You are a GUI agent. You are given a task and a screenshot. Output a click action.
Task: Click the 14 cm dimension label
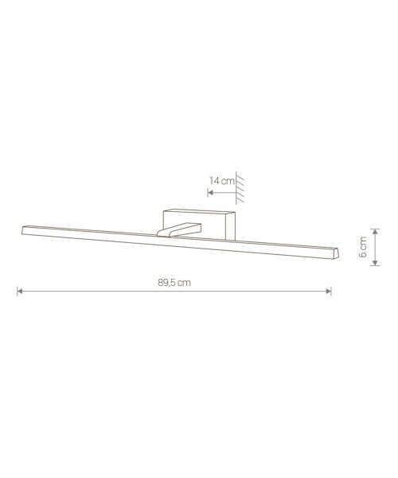pyautogui.click(x=222, y=181)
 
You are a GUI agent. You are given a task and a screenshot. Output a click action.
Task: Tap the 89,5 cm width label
pyautogui.click(x=174, y=283)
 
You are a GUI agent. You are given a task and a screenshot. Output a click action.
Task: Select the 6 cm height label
pyautogui.click(x=363, y=247)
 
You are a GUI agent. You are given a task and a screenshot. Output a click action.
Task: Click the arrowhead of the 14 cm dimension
pyautogui.click(x=210, y=192)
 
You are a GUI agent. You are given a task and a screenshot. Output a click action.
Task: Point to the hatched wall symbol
pyautogui.click(x=240, y=188)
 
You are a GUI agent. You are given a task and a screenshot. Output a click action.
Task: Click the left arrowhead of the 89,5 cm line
pyautogui.click(x=20, y=291)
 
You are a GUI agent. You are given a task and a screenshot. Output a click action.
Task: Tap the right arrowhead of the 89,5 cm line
pyautogui.click(x=329, y=291)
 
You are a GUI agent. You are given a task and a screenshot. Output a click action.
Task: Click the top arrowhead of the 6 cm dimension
pyautogui.click(x=375, y=231)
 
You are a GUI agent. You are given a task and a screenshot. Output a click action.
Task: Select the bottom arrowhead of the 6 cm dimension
pyautogui.click(x=375, y=263)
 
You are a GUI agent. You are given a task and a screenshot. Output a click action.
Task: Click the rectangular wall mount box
pyautogui.click(x=199, y=223)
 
